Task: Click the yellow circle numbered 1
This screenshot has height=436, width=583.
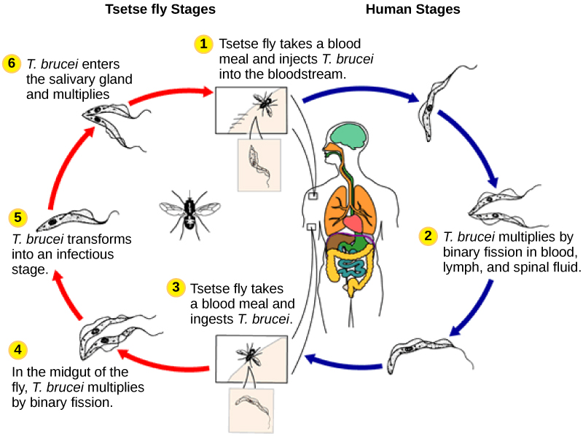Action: (203, 44)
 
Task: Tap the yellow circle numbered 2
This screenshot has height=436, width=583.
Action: (428, 237)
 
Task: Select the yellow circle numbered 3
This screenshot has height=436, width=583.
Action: (175, 288)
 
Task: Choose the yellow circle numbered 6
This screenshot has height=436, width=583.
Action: (12, 63)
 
